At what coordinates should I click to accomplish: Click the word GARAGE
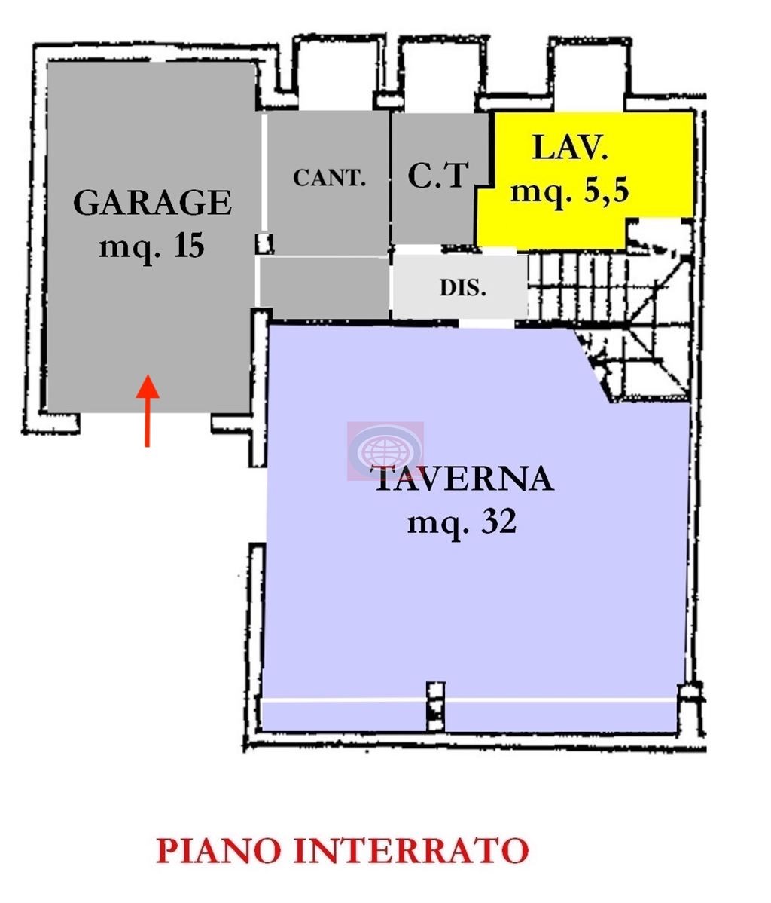click(x=152, y=204)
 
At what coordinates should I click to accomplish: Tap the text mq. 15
click(x=152, y=246)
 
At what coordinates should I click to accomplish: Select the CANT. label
click(x=329, y=179)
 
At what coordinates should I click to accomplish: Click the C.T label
click(x=438, y=176)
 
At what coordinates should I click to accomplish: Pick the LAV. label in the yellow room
click(x=570, y=148)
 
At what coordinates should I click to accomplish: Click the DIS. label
click(x=462, y=288)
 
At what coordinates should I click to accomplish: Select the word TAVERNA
click(x=462, y=479)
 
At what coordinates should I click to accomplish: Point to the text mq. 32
click(x=462, y=522)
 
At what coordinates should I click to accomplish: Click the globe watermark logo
click(x=385, y=451)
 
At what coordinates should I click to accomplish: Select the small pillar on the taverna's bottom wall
click(x=435, y=706)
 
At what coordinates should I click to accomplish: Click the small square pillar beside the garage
click(x=264, y=243)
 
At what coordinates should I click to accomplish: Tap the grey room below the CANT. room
click(x=324, y=286)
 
